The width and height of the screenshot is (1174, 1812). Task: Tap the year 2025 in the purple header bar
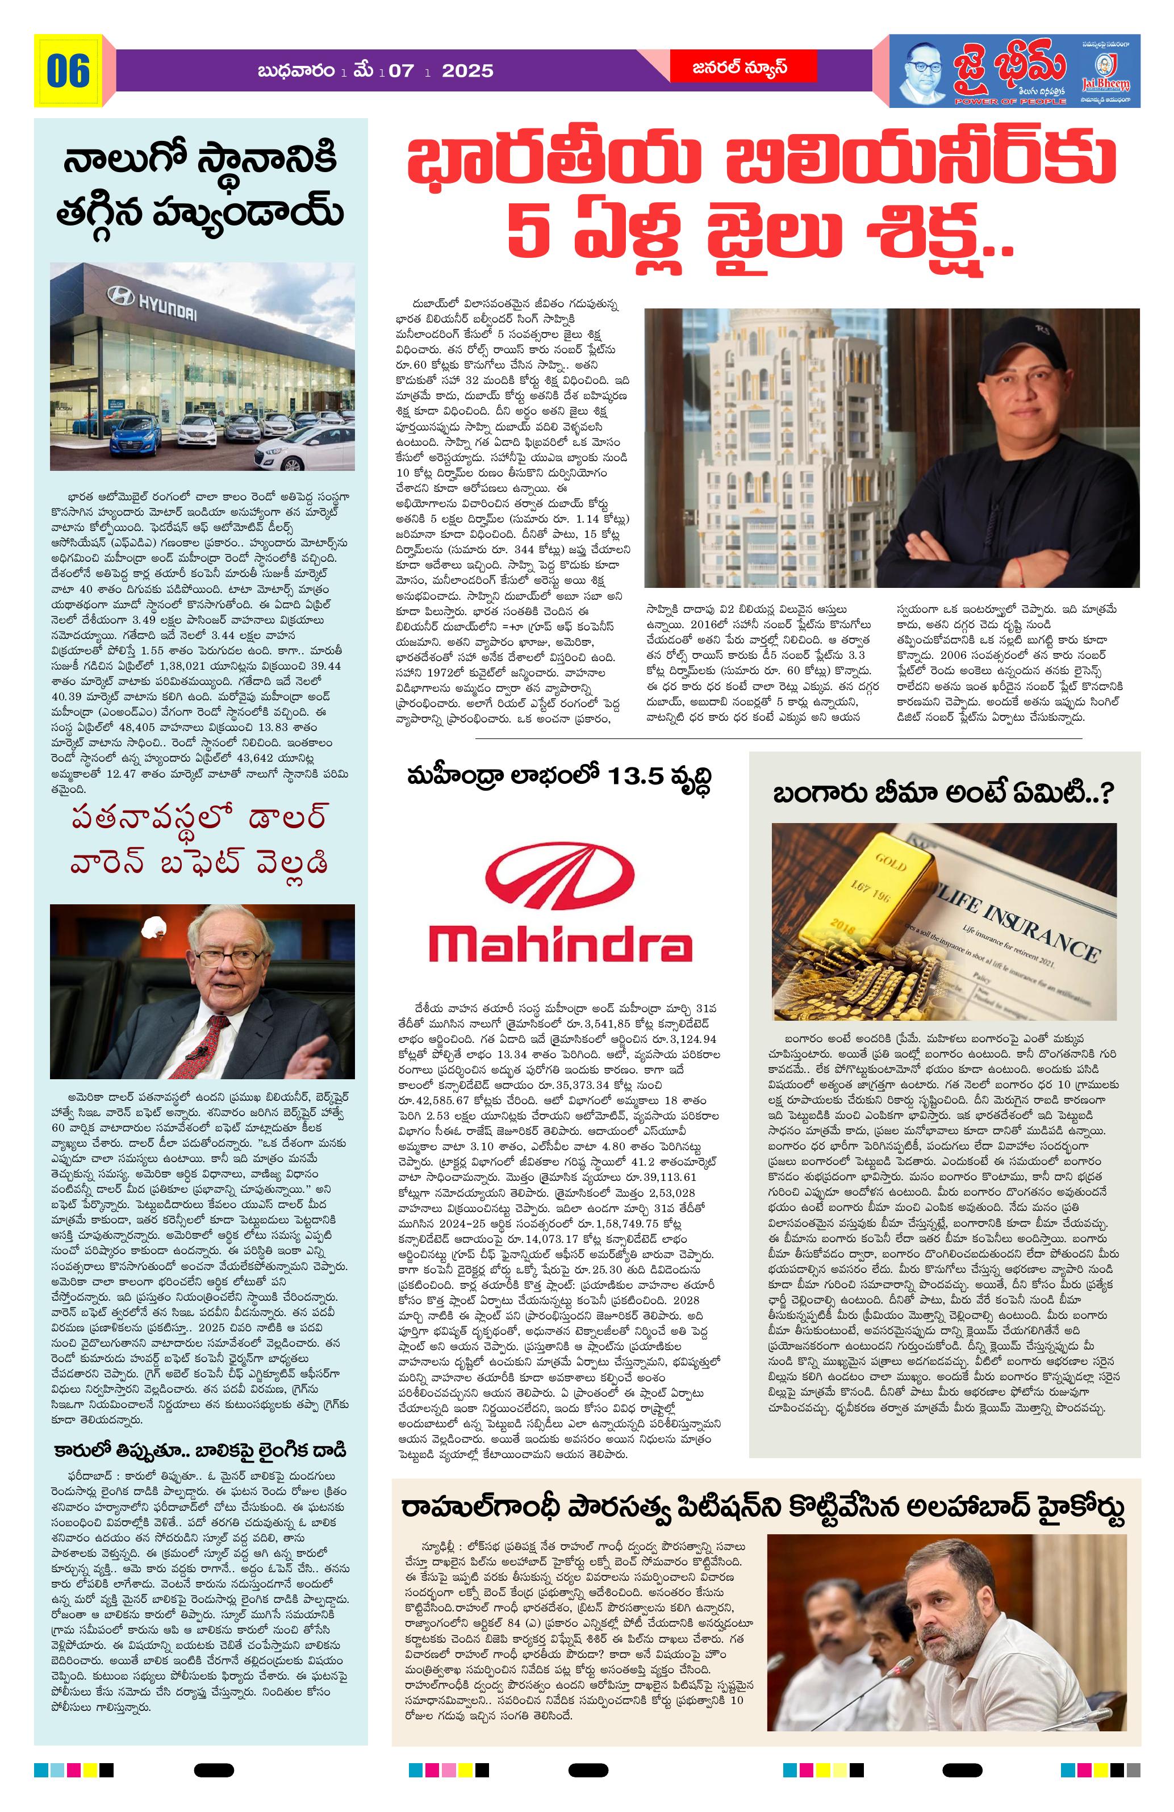[x=467, y=71]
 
